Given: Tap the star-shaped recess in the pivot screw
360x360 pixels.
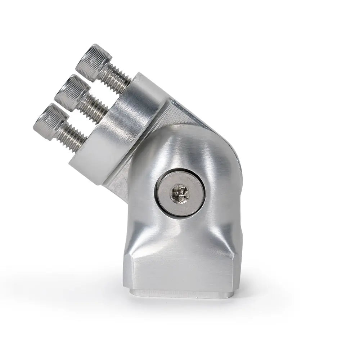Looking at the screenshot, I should (179, 193).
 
